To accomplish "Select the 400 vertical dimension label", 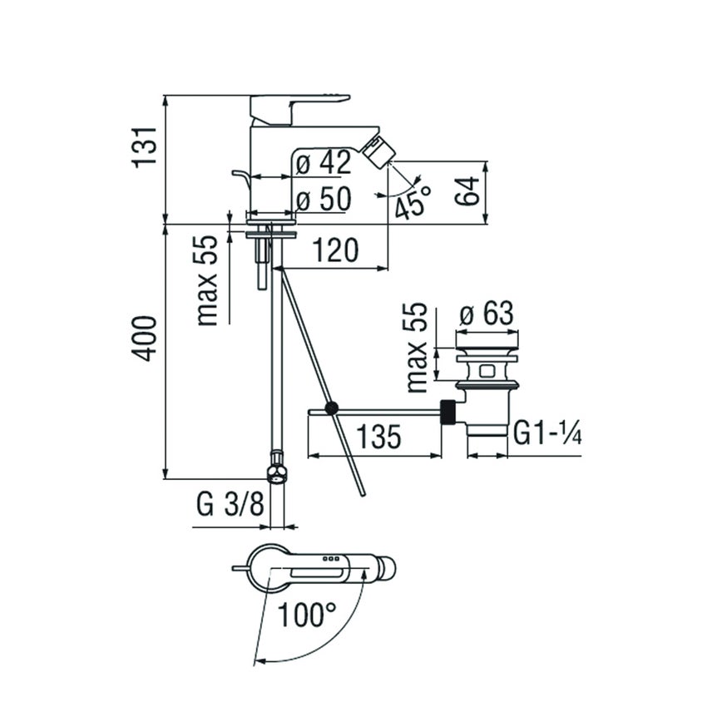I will tap(143, 337).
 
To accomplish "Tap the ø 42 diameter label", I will tap(323, 164).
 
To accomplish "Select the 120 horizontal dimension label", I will tap(334, 250).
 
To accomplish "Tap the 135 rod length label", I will tap(374, 435).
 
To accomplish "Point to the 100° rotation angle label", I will tap(306, 616).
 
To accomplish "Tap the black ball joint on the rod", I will tap(332, 408).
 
